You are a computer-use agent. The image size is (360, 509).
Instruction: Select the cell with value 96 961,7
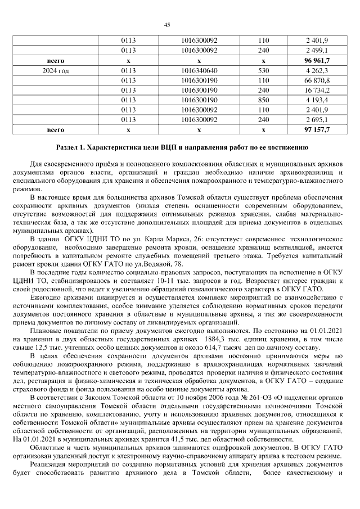[317, 60]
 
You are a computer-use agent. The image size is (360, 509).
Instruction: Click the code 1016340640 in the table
[200, 70]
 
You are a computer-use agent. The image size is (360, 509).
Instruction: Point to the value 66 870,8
[317, 80]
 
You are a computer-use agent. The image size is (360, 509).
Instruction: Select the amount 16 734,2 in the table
[317, 90]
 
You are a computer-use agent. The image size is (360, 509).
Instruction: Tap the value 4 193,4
[317, 100]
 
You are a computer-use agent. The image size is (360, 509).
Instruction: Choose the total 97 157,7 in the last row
[317, 129]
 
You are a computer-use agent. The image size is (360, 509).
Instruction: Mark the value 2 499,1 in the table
[317, 51]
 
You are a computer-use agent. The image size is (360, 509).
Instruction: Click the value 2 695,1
[317, 119]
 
